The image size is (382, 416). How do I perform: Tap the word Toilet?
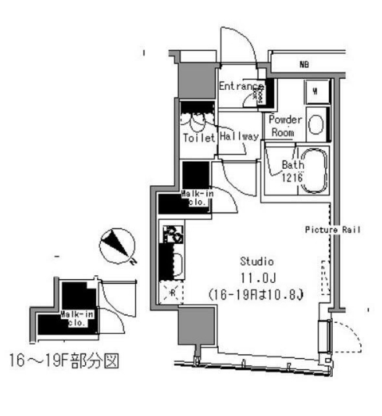(198, 137)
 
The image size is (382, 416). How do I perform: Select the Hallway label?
(239, 137)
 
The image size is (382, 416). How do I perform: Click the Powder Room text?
(284, 127)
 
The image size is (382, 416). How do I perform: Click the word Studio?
(256, 261)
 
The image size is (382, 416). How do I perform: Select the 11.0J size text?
(256, 277)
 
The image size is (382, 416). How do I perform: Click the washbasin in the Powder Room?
(317, 124)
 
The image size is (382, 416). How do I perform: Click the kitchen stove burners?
(172, 234)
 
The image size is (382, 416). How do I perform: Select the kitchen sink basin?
(173, 264)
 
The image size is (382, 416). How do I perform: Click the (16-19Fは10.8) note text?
(256, 292)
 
